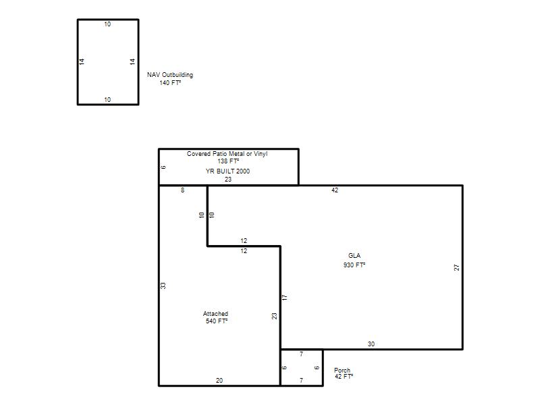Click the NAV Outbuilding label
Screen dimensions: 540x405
pyautogui.click(x=170, y=75)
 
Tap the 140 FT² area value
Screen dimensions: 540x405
pyautogui.click(x=170, y=83)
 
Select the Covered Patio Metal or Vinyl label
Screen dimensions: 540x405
pyautogui.click(x=227, y=154)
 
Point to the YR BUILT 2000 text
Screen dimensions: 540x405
pyautogui.click(x=227, y=171)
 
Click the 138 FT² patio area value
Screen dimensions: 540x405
pyautogui.click(x=228, y=161)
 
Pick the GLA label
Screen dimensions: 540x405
pyautogui.click(x=354, y=256)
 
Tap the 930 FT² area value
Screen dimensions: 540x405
pyautogui.click(x=354, y=265)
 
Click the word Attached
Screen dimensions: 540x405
pyautogui.click(x=215, y=314)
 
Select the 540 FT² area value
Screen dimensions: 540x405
pyautogui.click(x=217, y=321)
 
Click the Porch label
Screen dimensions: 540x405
pyautogui.click(x=342, y=370)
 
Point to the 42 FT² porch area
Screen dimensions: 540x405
pyautogui.click(x=344, y=377)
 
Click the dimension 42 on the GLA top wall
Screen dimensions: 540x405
pyautogui.click(x=335, y=190)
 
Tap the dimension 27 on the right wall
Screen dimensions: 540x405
pyautogui.click(x=457, y=267)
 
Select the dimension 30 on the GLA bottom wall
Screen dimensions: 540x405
pyautogui.click(x=371, y=344)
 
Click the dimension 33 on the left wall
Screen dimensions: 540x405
pyautogui.click(x=163, y=286)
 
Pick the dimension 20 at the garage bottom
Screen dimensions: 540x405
pyautogui.click(x=219, y=381)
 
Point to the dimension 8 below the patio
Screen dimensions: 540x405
pyautogui.click(x=182, y=190)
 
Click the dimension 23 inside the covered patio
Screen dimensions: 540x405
pyautogui.click(x=228, y=180)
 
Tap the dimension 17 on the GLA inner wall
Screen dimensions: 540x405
pyautogui.click(x=285, y=297)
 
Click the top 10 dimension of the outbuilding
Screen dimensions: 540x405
pyautogui.click(x=107, y=24)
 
